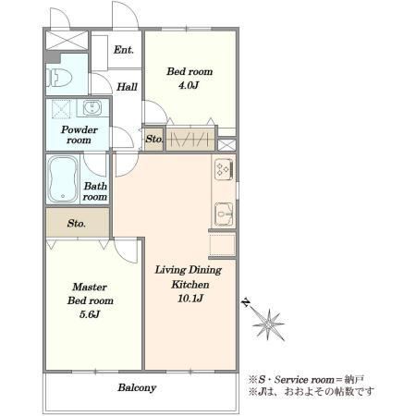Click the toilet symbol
pyautogui.click(x=59, y=77)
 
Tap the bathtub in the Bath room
pyautogui.click(x=63, y=179)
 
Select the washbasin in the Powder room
pyautogui.click(x=92, y=108)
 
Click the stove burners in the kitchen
pyautogui.click(x=224, y=169)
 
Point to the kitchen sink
pyautogui.click(x=224, y=214)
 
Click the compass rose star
pyautogui.click(x=268, y=324)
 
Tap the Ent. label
pyautogui.click(x=124, y=50)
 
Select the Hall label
pyautogui.click(x=127, y=87)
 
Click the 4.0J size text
pyautogui.click(x=189, y=85)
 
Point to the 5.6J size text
pyautogui.click(x=90, y=314)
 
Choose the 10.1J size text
pyautogui.click(x=190, y=299)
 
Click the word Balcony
pyautogui.click(x=137, y=387)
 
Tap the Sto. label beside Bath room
pyautogui.click(x=76, y=223)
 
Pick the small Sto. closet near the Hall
pyautogui.click(x=153, y=139)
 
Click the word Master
pyautogui.click(x=90, y=287)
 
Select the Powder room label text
pyautogui.click(x=80, y=135)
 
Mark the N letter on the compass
pyautogui.click(x=246, y=302)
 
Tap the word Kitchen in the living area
pyautogui.click(x=190, y=284)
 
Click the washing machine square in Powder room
pyautogui.click(x=61, y=109)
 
